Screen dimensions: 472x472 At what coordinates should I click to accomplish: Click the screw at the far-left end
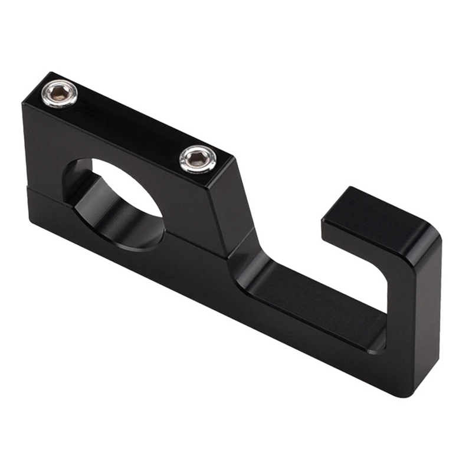tap(59, 94)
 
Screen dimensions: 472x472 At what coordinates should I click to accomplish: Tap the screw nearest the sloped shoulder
tap(196, 159)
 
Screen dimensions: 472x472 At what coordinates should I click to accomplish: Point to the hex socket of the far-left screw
tap(59, 93)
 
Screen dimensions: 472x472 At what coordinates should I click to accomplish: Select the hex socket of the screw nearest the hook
tap(196, 158)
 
